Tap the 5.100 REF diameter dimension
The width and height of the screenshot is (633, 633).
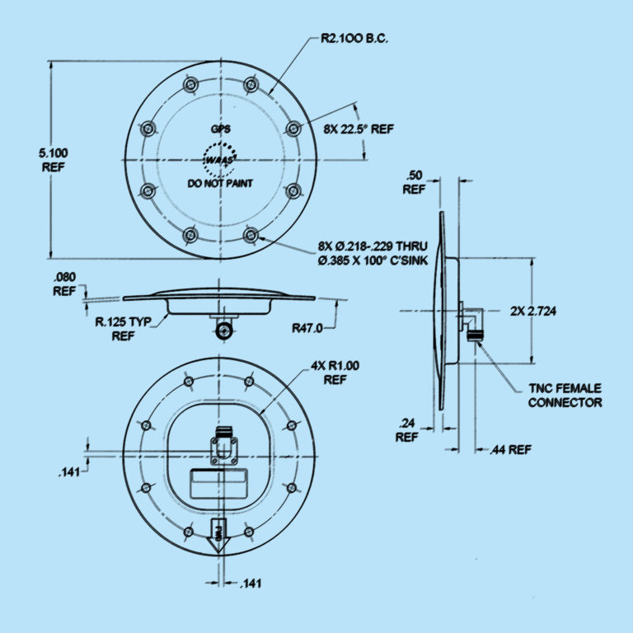[54, 159]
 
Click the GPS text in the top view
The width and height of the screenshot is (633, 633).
[220, 129]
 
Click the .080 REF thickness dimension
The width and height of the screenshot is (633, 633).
[64, 284]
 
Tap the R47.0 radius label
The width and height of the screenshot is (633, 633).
[307, 328]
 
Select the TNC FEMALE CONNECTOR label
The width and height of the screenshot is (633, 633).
[565, 396]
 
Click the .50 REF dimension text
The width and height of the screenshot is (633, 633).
[414, 181]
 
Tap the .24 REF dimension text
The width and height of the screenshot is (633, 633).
[406, 431]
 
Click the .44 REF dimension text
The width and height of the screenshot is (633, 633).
[510, 450]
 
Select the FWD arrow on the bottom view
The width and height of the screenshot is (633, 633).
[218, 532]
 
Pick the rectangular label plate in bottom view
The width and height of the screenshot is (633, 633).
[220, 484]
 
